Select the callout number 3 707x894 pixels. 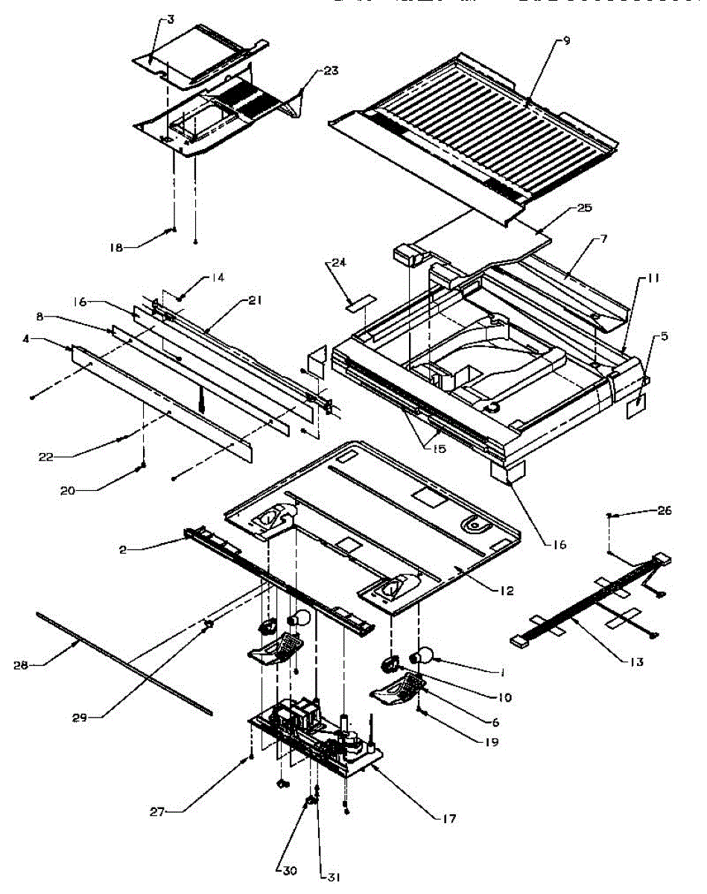tap(171, 19)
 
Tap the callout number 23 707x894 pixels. tap(330, 71)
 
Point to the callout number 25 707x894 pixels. tap(584, 208)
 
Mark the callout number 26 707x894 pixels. tap(665, 510)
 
